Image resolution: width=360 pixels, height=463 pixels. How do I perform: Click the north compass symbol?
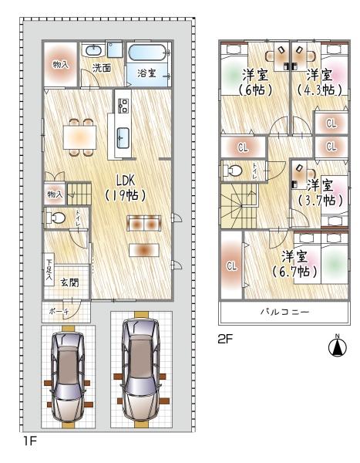tap(338, 346)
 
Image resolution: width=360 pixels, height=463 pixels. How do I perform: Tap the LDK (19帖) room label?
tap(126, 188)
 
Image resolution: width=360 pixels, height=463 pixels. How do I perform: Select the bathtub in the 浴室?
tap(146, 52)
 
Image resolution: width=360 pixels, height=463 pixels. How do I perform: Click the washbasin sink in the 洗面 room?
tap(94, 50)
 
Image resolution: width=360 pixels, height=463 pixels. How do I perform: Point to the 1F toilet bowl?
tap(56, 218)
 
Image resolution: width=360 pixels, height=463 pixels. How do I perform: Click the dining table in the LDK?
tap(80, 137)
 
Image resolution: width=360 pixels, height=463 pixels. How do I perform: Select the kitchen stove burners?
tap(123, 106)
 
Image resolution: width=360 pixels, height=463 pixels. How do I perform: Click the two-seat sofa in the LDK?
tap(144, 224)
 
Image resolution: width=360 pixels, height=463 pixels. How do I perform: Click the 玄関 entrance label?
tap(69, 282)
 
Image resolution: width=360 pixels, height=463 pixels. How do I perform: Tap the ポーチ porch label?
tap(59, 311)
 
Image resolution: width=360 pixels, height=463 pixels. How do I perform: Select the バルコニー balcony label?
tap(284, 312)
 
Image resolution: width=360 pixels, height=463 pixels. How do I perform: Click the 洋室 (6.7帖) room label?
tap(294, 264)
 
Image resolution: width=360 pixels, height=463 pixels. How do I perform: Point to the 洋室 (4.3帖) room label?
tap(319, 83)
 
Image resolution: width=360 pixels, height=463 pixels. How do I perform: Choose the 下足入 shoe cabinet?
tap(49, 269)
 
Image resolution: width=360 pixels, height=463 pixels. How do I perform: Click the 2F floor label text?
tap(225, 340)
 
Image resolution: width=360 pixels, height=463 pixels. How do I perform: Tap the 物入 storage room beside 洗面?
tap(60, 64)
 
